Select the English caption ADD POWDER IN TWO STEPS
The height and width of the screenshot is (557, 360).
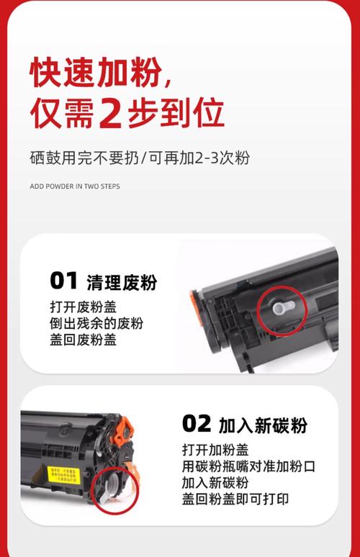[x=75, y=186]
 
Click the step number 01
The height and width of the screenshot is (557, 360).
[x=63, y=281]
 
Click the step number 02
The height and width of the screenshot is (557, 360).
[x=196, y=424]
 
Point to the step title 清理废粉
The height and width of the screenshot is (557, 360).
[x=121, y=282]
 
